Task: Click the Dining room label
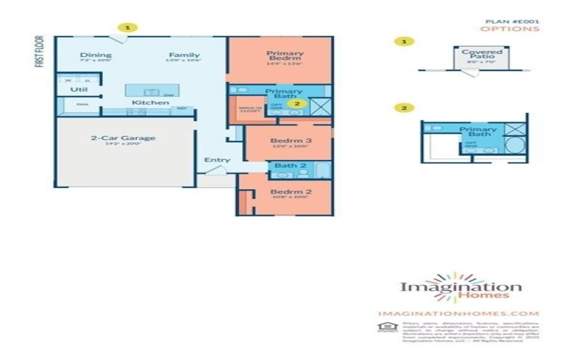click(96, 55)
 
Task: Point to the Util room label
click(78, 90)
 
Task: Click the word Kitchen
click(150, 103)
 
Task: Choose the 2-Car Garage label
click(123, 138)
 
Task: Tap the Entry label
click(217, 160)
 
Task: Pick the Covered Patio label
click(482, 55)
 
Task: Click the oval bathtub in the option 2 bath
click(514, 145)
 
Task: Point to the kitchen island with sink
click(150, 91)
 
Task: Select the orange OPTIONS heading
click(509, 30)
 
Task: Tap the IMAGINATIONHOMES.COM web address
click(458, 313)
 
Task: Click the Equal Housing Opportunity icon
click(382, 328)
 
